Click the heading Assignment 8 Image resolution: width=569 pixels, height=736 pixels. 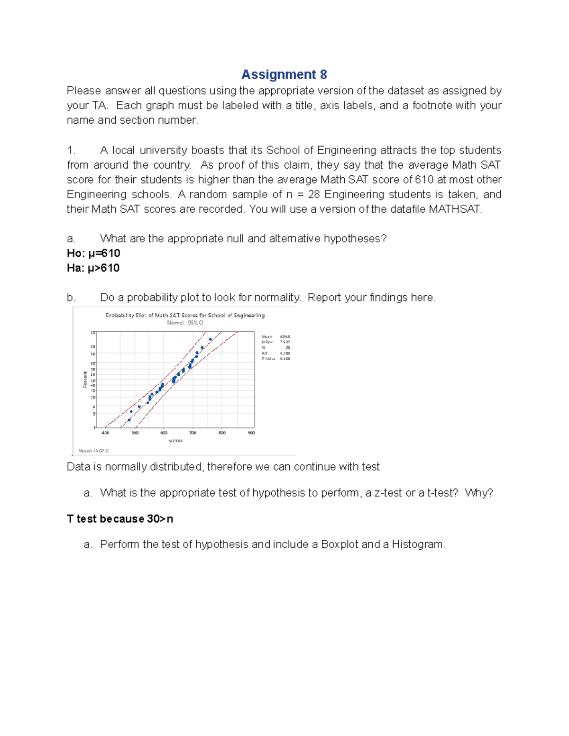(x=284, y=74)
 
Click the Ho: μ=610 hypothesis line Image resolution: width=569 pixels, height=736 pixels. (x=93, y=253)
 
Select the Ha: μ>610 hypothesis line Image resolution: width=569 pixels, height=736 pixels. (x=93, y=268)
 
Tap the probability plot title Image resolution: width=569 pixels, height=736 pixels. (x=185, y=315)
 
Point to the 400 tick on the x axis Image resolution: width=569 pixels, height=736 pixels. (x=105, y=433)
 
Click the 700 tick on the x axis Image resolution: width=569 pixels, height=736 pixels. (x=193, y=433)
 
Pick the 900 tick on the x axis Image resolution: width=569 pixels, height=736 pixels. (x=251, y=433)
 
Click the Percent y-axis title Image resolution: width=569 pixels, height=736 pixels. (x=85, y=379)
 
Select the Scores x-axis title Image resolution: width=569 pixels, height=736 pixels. (x=175, y=441)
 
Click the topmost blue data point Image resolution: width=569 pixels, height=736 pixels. (x=210, y=339)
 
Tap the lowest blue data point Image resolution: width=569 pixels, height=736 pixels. (x=129, y=420)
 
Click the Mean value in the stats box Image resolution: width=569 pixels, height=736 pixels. (x=285, y=336)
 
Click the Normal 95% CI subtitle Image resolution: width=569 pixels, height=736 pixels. (x=185, y=323)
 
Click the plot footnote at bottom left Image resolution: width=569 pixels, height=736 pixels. (x=93, y=451)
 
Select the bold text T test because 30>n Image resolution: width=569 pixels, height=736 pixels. (x=120, y=519)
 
